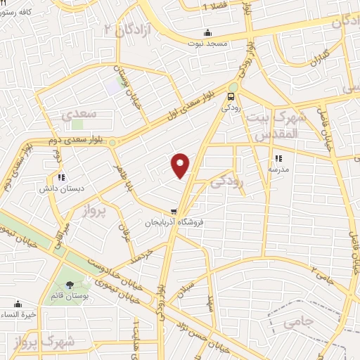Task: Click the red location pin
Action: click(x=181, y=165)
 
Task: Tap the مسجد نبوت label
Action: click(x=207, y=44)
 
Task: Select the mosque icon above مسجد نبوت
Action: click(x=207, y=32)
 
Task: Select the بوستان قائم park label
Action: click(x=69, y=296)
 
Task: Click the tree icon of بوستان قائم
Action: click(x=69, y=285)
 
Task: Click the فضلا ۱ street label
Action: click(x=214, y=7)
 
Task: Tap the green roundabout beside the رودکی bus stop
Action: click(x=233, y=86)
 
